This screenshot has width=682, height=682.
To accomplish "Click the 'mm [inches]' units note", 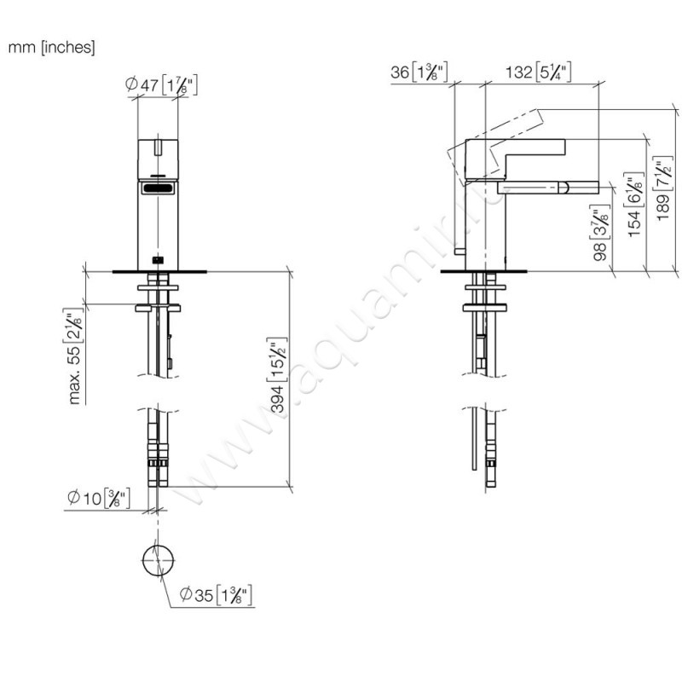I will [x=51, y=48].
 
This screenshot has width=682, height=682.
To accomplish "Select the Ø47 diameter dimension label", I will [x=163, y=84].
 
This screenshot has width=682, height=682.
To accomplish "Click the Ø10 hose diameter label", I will [x=98, y=499].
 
